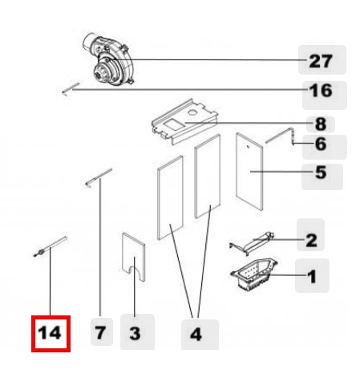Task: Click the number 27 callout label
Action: [x=321, y=61]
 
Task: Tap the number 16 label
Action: [x=321, y=91]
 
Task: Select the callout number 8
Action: [x=321, y=124]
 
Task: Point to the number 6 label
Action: [x=321, y=144]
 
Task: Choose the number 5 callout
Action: [x=321, y=173]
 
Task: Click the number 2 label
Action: [x=311, y=240]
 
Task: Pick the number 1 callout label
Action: [x=312, y=276]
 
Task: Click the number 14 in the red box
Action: [x=50, y=333]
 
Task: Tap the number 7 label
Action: [x=100, y=333]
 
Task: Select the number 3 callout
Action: [x=135, y=334]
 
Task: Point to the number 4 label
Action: [x=196, y=335]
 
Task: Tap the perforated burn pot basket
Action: [x=254, y=274]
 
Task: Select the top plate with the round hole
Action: [x=185, y=121]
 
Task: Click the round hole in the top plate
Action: [x=192, y=112]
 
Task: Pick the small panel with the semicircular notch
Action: [x=134, y=257]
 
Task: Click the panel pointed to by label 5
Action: [x=249, y=172]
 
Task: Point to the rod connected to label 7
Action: [x=99, y=177]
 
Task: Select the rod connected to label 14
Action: [x=51, y=246]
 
